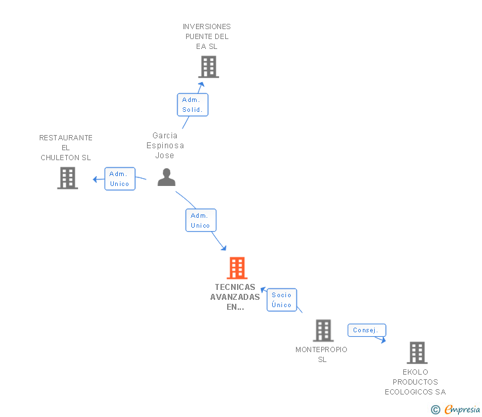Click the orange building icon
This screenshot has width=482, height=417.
point(237,268)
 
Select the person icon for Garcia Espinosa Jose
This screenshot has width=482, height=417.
point(166,177)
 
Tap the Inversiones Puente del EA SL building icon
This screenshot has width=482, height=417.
point(208,67)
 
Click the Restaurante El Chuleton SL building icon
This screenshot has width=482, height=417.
point(67,178)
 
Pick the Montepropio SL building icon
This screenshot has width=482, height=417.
point(322,330)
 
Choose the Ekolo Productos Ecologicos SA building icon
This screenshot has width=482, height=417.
point(416,353)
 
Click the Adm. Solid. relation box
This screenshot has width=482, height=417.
point(192,105)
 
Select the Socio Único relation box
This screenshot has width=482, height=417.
point(281,300)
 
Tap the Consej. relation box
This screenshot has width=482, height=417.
point(366,330)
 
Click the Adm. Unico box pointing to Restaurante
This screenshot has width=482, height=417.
point(120,179)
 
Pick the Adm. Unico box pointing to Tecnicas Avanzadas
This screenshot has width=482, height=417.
point(201,220)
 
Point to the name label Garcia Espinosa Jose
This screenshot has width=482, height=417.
point(165,146)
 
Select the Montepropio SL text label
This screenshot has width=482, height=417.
point(322,355)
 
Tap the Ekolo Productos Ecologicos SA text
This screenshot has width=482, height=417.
point(415,382)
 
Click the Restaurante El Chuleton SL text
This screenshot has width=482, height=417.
point(66,148)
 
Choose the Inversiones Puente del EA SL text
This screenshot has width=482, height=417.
point(207,36)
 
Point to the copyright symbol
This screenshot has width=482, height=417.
point(435,410)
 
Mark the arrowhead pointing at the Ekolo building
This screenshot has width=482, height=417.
point(383,340)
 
